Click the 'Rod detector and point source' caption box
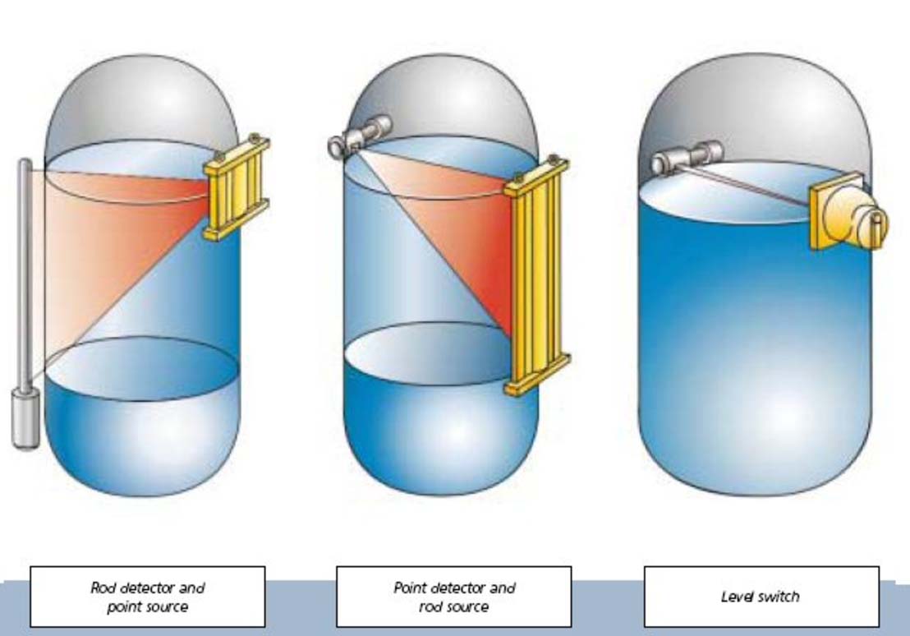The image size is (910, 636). [148, 597]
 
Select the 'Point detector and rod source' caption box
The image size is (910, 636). [453, 597]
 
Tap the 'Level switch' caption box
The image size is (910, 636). [761, 597]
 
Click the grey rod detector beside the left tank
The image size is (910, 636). [25, 271]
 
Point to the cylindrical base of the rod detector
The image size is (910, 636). [25, 419]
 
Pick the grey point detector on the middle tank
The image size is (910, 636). [359, 136]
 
